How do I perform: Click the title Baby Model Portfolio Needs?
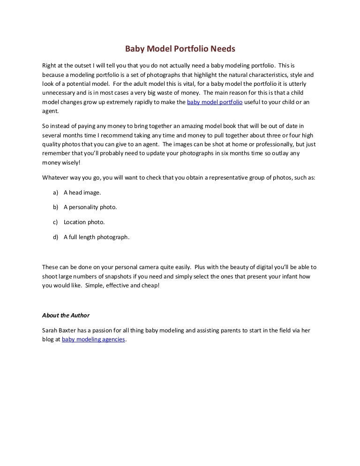tap(180, 49)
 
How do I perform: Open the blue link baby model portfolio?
tap(215, 102)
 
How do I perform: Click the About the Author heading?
tap(66, 315)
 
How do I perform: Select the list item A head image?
tap(82, 192)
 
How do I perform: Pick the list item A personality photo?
tap(90, 207)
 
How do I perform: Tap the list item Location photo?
tap(84, 222)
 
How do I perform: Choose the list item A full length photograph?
tap(97, 237)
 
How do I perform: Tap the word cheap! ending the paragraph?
tap(150, 285)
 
